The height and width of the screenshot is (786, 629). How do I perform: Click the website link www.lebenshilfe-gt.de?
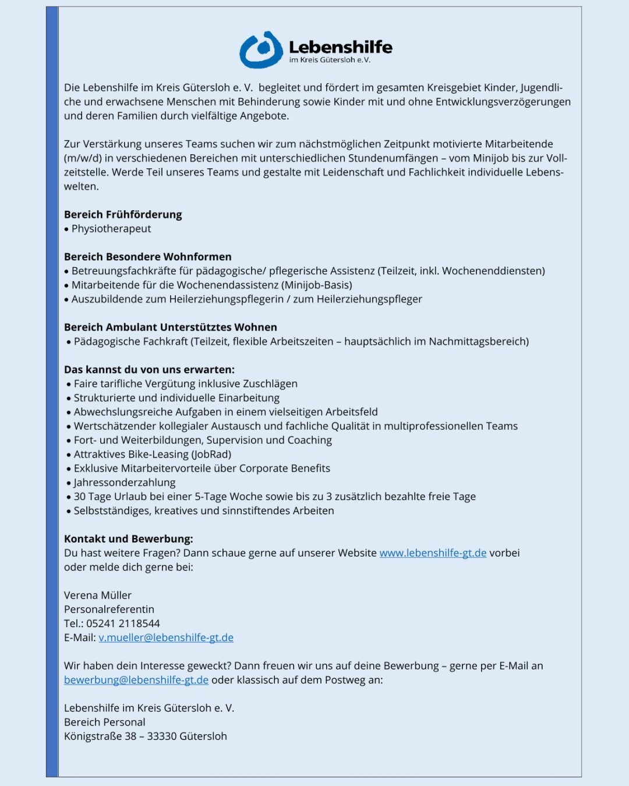(x=433, y=553)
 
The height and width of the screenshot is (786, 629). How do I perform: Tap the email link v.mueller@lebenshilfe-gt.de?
(x=166, y=638)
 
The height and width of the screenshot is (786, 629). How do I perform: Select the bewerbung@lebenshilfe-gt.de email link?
(x=136, y=680)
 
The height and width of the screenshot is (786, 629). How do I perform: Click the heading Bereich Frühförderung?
(x=123, y=215)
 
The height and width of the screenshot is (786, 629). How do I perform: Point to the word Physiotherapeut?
(x=111, y=229)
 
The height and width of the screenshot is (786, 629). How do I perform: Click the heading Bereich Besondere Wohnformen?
(x=148, y=257)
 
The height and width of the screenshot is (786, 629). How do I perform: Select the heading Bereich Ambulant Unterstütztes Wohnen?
(x=171, y=327)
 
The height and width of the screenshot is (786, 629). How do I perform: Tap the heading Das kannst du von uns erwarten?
(x=149, y=370)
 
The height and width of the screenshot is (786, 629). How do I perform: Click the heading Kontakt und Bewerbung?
(x=128, y=539)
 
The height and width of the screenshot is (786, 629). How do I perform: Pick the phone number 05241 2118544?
(x=123, y=624)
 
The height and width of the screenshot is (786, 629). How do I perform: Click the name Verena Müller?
(x=98, y=596)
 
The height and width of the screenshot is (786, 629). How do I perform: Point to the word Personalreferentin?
(x=109, y=610)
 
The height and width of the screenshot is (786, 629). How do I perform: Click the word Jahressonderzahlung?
(x=125, y=483)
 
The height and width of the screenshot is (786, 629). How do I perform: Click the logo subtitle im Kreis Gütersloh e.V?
(x=330, y=60)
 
